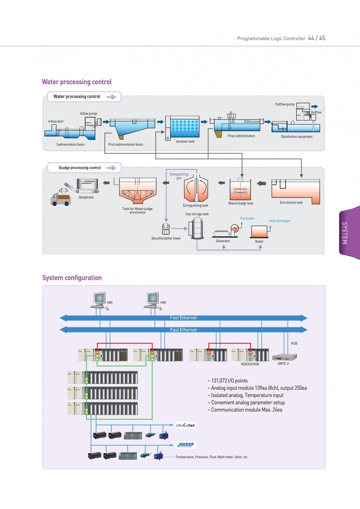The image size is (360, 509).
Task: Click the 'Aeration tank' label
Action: click(185, 142)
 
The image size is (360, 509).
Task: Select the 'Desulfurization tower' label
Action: click(166, 238)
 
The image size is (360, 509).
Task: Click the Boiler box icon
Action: click(259, 232)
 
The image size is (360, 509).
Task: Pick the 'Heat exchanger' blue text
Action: click(280, 221)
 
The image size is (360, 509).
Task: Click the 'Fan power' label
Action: click(247, 218)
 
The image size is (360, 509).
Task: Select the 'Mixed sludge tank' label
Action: click(240, 204)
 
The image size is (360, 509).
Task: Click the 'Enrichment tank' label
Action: click(291, 203)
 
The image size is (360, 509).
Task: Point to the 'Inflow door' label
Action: click(56, 121)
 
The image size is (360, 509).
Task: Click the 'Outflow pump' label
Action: click(285, 104)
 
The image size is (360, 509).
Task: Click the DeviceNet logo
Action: click(185, 425)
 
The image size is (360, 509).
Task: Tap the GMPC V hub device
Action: click(284, 357)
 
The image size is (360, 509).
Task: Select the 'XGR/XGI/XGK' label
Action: click(250, 364)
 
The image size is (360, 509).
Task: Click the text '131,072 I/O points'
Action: click(229, 381)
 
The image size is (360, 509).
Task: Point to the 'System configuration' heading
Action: click(72, 278)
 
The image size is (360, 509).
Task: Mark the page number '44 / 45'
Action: click(316, 38)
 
